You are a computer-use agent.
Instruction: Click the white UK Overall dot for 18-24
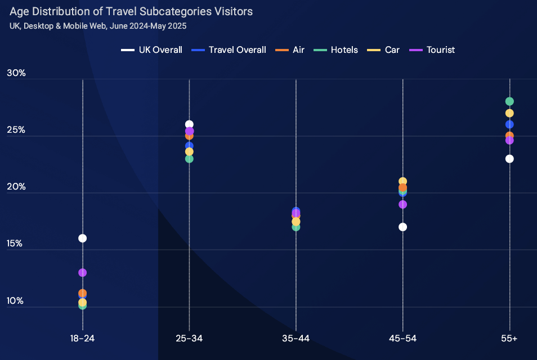tap(83, 238)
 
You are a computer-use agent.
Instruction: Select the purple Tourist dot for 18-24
tap(83, 272)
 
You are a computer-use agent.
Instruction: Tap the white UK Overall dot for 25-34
tap(189, 124)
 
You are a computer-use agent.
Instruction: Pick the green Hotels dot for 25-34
tap(189, 159)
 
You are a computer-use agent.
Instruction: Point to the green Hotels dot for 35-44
tap(296, 227)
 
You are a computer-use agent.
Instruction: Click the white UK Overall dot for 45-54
tap(402, 227)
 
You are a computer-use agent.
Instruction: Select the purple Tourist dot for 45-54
tap(402, 204)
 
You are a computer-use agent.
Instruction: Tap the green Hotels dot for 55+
tap(509, 101)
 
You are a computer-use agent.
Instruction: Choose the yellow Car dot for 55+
tap(509, 113)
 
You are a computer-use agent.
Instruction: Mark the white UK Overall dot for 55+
tap(509, 159)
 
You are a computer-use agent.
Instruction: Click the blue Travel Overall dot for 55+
tap(509, 124)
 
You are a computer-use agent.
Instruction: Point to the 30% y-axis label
tap(16, 73)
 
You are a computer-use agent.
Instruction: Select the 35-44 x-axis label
tap(296, 338)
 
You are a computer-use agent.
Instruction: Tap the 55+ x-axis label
tap(509, 338)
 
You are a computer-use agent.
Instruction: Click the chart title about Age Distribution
tap(131, 11)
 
